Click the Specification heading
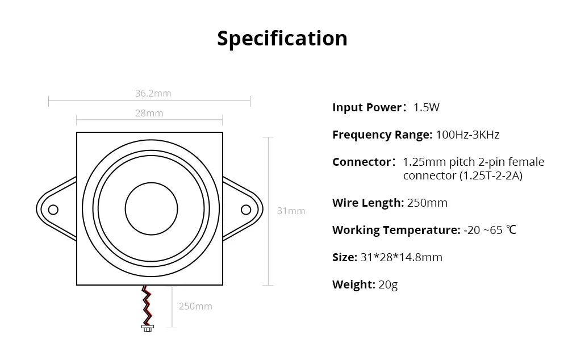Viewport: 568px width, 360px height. (x=282, y=38)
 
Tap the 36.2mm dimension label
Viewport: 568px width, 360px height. (x=153, y=93)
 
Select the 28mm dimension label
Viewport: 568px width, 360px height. (x=149, y=113)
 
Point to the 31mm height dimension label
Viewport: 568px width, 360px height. (x=291, y=211)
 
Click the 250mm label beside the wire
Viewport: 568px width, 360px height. (x=195, y=306)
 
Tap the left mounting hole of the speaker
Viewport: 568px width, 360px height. (x=53, y=210)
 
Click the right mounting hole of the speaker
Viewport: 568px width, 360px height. (x=246, y=210)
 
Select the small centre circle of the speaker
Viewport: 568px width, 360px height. (x=152, y=208)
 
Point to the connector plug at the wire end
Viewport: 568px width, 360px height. (x=147, y=328)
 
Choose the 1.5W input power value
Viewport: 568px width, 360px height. (x=427, y=107)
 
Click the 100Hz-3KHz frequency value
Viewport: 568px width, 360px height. (x=467, y=135)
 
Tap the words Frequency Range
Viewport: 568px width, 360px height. (x=382, y=135)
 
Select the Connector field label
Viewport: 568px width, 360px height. (x=362, y=162)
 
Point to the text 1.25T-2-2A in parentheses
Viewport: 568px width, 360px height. (x=491, y=175)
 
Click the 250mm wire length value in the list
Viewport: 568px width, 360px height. (x=427, y=203)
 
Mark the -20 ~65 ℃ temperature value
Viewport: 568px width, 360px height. (x=490, y=230)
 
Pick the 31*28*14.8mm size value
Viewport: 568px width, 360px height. (x=401, y=257)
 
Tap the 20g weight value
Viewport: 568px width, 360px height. (x=388, y=284)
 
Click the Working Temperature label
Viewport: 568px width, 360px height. (x=396, y=230)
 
